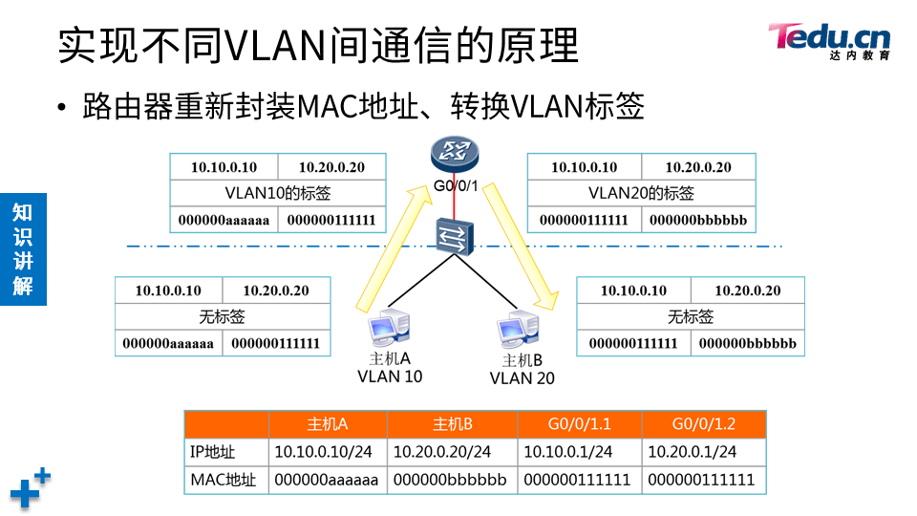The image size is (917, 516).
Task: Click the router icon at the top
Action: [452, 152]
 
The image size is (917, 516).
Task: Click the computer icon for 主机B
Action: [518, 331]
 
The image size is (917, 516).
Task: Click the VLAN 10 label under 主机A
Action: [390, 376]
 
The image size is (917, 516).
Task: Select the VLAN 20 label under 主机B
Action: [522, 378]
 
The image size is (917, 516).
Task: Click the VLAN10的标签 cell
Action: [277, 194]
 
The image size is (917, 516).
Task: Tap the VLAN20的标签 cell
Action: [641, 194]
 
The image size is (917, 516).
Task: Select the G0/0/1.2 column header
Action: [703, 424]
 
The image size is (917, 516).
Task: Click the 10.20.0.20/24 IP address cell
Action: [452, 452]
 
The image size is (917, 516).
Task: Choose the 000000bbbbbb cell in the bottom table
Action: [452, 480]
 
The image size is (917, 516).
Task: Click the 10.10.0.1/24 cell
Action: [579, 452]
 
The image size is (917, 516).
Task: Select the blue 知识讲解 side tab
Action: [23, 248]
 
